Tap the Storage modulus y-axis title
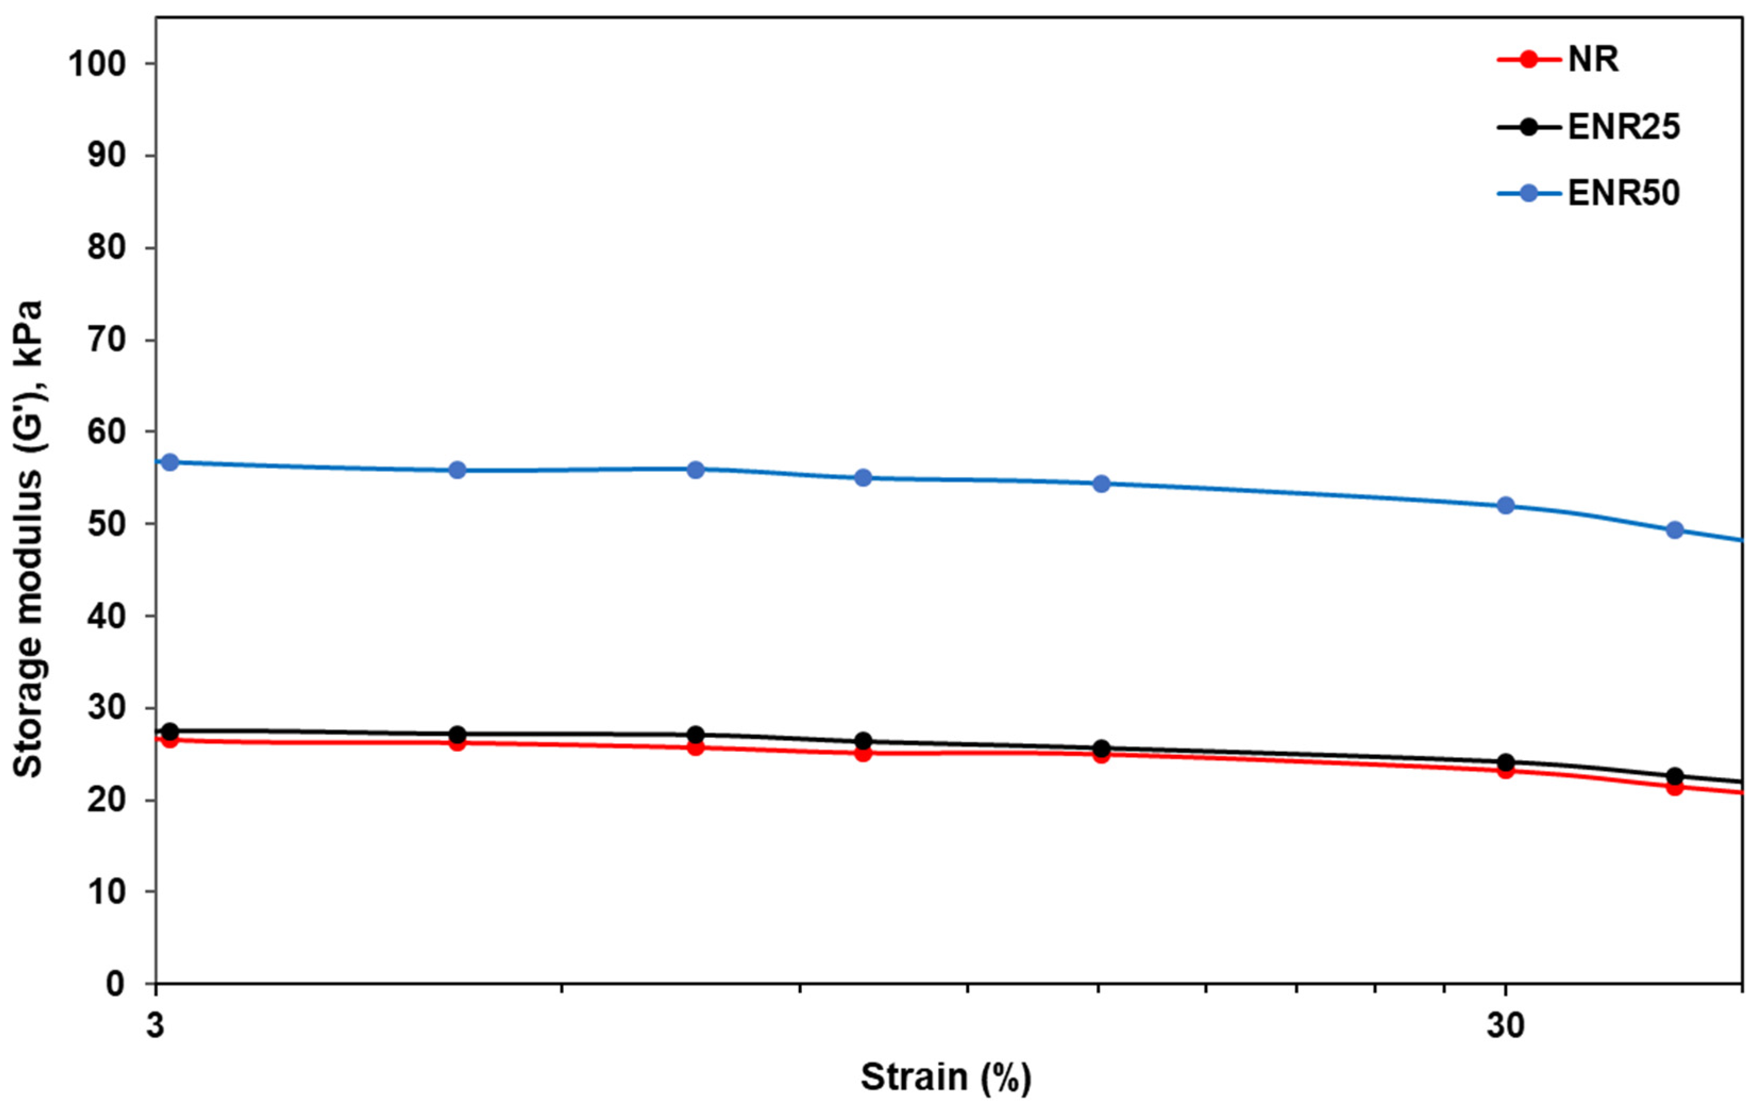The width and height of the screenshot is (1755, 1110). pos(28,540)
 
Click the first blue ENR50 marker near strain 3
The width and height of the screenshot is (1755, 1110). pos(170,462)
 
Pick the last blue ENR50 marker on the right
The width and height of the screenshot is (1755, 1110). pos(1675,530)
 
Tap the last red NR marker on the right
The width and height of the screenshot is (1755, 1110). pos(1675,787)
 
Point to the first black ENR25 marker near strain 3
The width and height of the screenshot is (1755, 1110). pos(170,731)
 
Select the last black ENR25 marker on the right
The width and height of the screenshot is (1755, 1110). pos(1675,776)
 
